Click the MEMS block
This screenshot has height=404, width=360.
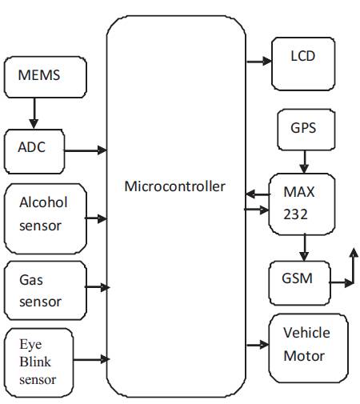[x=46, y=77]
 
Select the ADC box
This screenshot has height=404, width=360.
[x=34, y=151]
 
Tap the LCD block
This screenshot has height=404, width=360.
[x=303, y=64]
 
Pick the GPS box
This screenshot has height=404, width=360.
[x=306, y=130]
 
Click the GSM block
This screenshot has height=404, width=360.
[x=300, y=283]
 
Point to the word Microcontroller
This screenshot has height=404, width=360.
[x=175, y=186]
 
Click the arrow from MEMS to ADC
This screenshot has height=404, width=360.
[x=34, y=113]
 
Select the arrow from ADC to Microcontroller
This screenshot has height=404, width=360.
[x=86, y=150]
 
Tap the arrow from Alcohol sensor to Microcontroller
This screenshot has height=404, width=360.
[x=96, y=218]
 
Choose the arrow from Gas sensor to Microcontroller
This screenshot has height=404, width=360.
[x=97, y=287]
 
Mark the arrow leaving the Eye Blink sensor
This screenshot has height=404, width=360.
[x=91, y=359]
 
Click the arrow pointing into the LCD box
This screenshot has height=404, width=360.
[x=259, y=62]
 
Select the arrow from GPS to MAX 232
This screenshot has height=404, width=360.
[x=304, y=162]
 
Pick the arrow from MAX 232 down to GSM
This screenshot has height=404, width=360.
[x=304, y=248]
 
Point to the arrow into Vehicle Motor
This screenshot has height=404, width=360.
[x=258, y=345]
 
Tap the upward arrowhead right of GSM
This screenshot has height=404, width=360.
[x=354, y=253]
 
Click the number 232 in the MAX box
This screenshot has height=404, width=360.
[x=295, y=214]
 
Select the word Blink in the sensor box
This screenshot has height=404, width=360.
[x=35, y=362]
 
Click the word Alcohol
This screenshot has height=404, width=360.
[x=43, y=202]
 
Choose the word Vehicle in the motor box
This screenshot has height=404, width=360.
[x=306, y=333]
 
